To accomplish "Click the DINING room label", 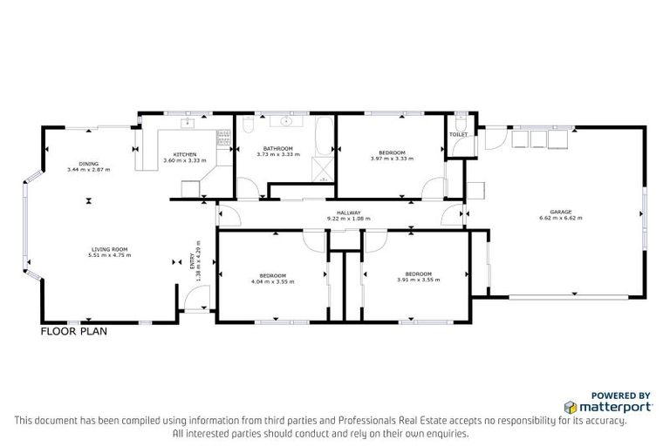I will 89,164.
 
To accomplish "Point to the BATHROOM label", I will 279,148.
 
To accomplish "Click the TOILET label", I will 458,135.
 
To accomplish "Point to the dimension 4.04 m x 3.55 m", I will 272,281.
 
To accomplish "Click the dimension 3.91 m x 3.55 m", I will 419,280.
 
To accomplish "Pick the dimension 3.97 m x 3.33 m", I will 392,159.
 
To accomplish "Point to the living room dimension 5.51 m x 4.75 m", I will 110,255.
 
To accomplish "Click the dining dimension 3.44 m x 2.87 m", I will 89,169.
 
